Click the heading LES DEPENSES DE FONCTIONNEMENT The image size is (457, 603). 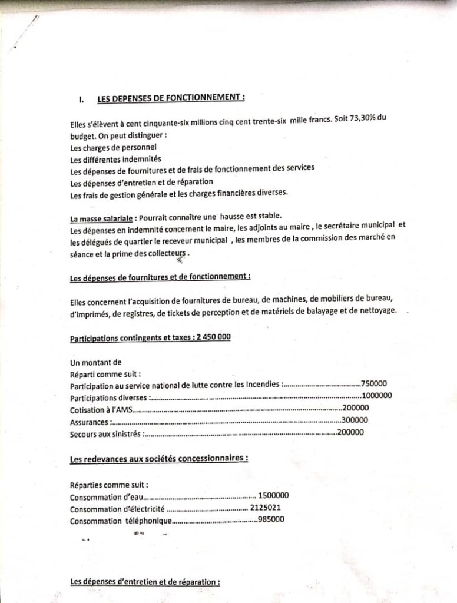point(171,98)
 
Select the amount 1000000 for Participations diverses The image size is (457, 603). point(377,395)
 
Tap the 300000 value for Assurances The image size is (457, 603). point(355,420)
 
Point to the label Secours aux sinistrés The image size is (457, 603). point(105,434)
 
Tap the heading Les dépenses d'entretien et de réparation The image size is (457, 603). point(145,582)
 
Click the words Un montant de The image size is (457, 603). point(95,362)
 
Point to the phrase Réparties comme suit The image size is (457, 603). point(109,485)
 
